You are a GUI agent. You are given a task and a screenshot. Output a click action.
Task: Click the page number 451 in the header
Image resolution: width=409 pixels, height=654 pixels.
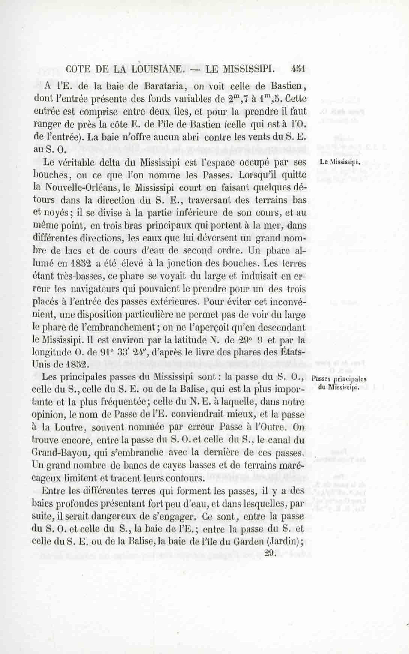pos(298,69)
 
